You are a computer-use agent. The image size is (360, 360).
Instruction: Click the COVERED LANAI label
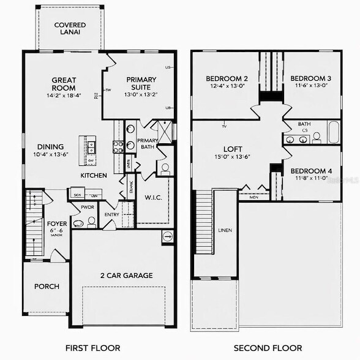(x=69, y=29)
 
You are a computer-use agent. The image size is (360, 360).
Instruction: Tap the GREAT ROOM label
(x=63, y=83)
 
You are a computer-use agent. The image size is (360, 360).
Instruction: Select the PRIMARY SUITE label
(x=141, y=83)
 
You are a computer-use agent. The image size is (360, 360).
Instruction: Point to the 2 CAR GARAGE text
(x=127, y=276)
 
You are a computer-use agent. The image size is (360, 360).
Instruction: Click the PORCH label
(x=47, y=287)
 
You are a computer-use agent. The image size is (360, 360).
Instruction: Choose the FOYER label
(x=57, y=224)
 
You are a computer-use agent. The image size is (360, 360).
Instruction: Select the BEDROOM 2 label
(x=227, y=78)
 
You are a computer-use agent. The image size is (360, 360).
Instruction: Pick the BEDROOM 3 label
(x=310, y=78)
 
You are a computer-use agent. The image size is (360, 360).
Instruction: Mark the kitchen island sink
(x=91, y=146)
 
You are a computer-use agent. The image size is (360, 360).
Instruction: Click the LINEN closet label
(x=225, y=231)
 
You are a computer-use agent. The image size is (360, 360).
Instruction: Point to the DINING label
(x=50, y=147)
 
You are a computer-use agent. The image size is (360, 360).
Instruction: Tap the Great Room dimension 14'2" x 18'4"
(x=63, y=96)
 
